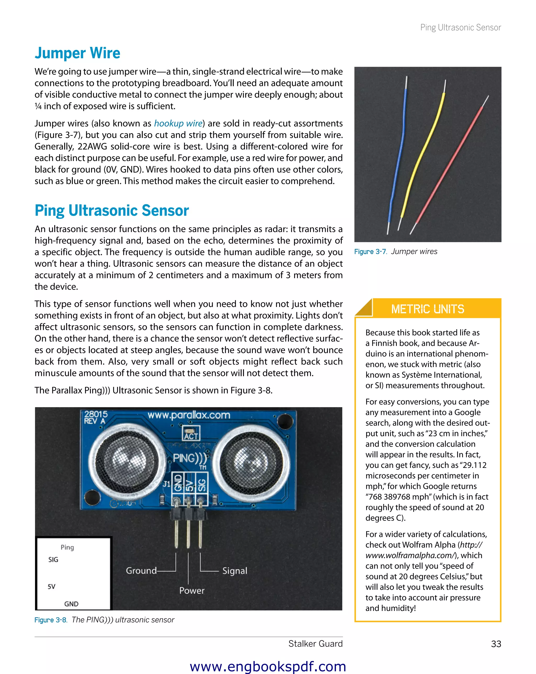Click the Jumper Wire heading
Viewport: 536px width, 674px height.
(x=77, y=53)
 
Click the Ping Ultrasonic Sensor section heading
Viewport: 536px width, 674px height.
(x=112, y=210)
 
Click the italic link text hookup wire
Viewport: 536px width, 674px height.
(x=178, y=123)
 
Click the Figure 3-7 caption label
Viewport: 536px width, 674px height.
(x=371, y=252)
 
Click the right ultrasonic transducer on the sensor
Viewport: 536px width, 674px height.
(x=252, y=462)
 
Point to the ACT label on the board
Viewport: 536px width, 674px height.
(x=191, y=436)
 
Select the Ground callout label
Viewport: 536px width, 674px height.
(x=141, y=571)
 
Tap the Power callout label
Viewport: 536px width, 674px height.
(x=192, y=591)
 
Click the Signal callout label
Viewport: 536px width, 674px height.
(x=234, y=571)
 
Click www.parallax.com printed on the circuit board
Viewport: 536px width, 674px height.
(x=189, y=415)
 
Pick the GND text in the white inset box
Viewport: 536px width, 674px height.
(x=71, y=604)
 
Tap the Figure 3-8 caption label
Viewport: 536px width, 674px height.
(x=51, y=620)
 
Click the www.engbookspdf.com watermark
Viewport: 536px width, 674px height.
(x=268, y=666)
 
